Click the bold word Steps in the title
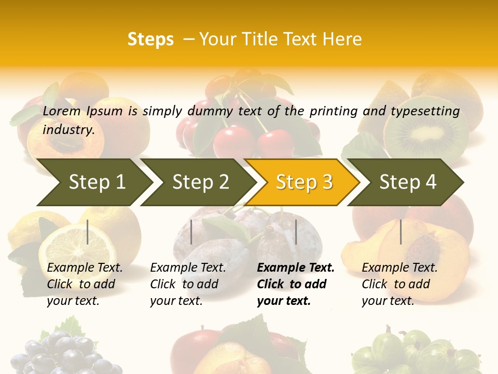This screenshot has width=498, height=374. [150, 39]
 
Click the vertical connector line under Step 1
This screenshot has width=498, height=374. [88, 232]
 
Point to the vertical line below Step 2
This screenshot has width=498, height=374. [191, 232]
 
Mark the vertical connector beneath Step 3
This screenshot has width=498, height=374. [296, 232]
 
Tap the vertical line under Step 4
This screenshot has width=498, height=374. [400, 232]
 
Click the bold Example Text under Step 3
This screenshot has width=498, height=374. [296, 268]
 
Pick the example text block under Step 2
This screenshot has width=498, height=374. [188, 284]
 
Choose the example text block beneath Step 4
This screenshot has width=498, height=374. [399, 284]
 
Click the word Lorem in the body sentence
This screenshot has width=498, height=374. [62, 111]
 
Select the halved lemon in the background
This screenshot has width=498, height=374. [78, 244]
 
